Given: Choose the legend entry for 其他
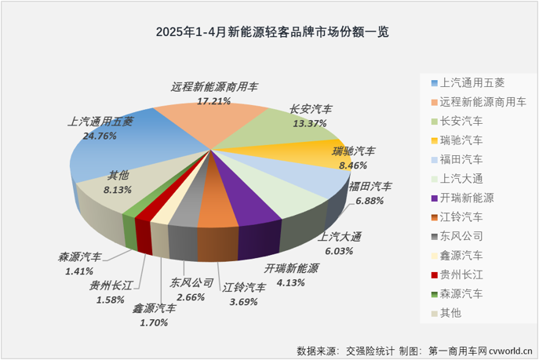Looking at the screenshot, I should pos(456,313).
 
